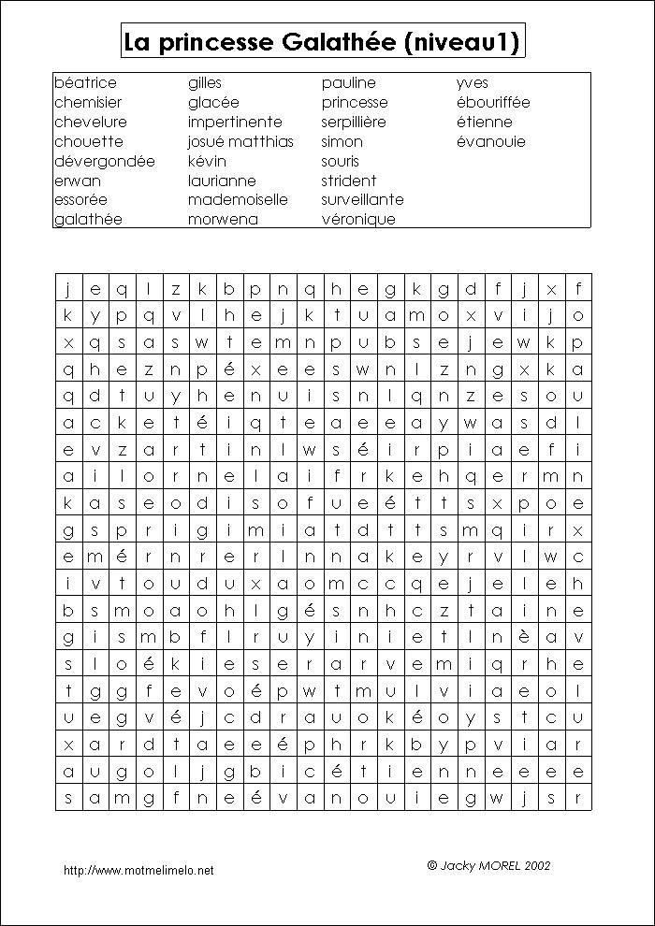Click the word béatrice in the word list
(x=86, y=83)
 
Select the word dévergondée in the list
(x=105, y=161)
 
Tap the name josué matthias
(x=240, y=141)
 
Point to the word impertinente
(x=235, y=122)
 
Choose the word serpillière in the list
(x=354, y=122)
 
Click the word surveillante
(x=363, y=199)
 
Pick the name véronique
(x=358, y=219)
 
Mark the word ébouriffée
(x=493, y=102)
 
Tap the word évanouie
(x=491, y=141)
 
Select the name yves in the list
(x=473, y=83)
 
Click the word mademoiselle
(x=238, y=199)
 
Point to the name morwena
(x=223, y=219)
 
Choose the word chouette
(x=89, y=141)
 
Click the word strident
(x=349, y=181)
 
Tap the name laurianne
(x=222, y=181)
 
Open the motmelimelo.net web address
(x=138, y=870)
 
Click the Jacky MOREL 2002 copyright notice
(x=488, y=865)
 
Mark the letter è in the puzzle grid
(x=551, y=638)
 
